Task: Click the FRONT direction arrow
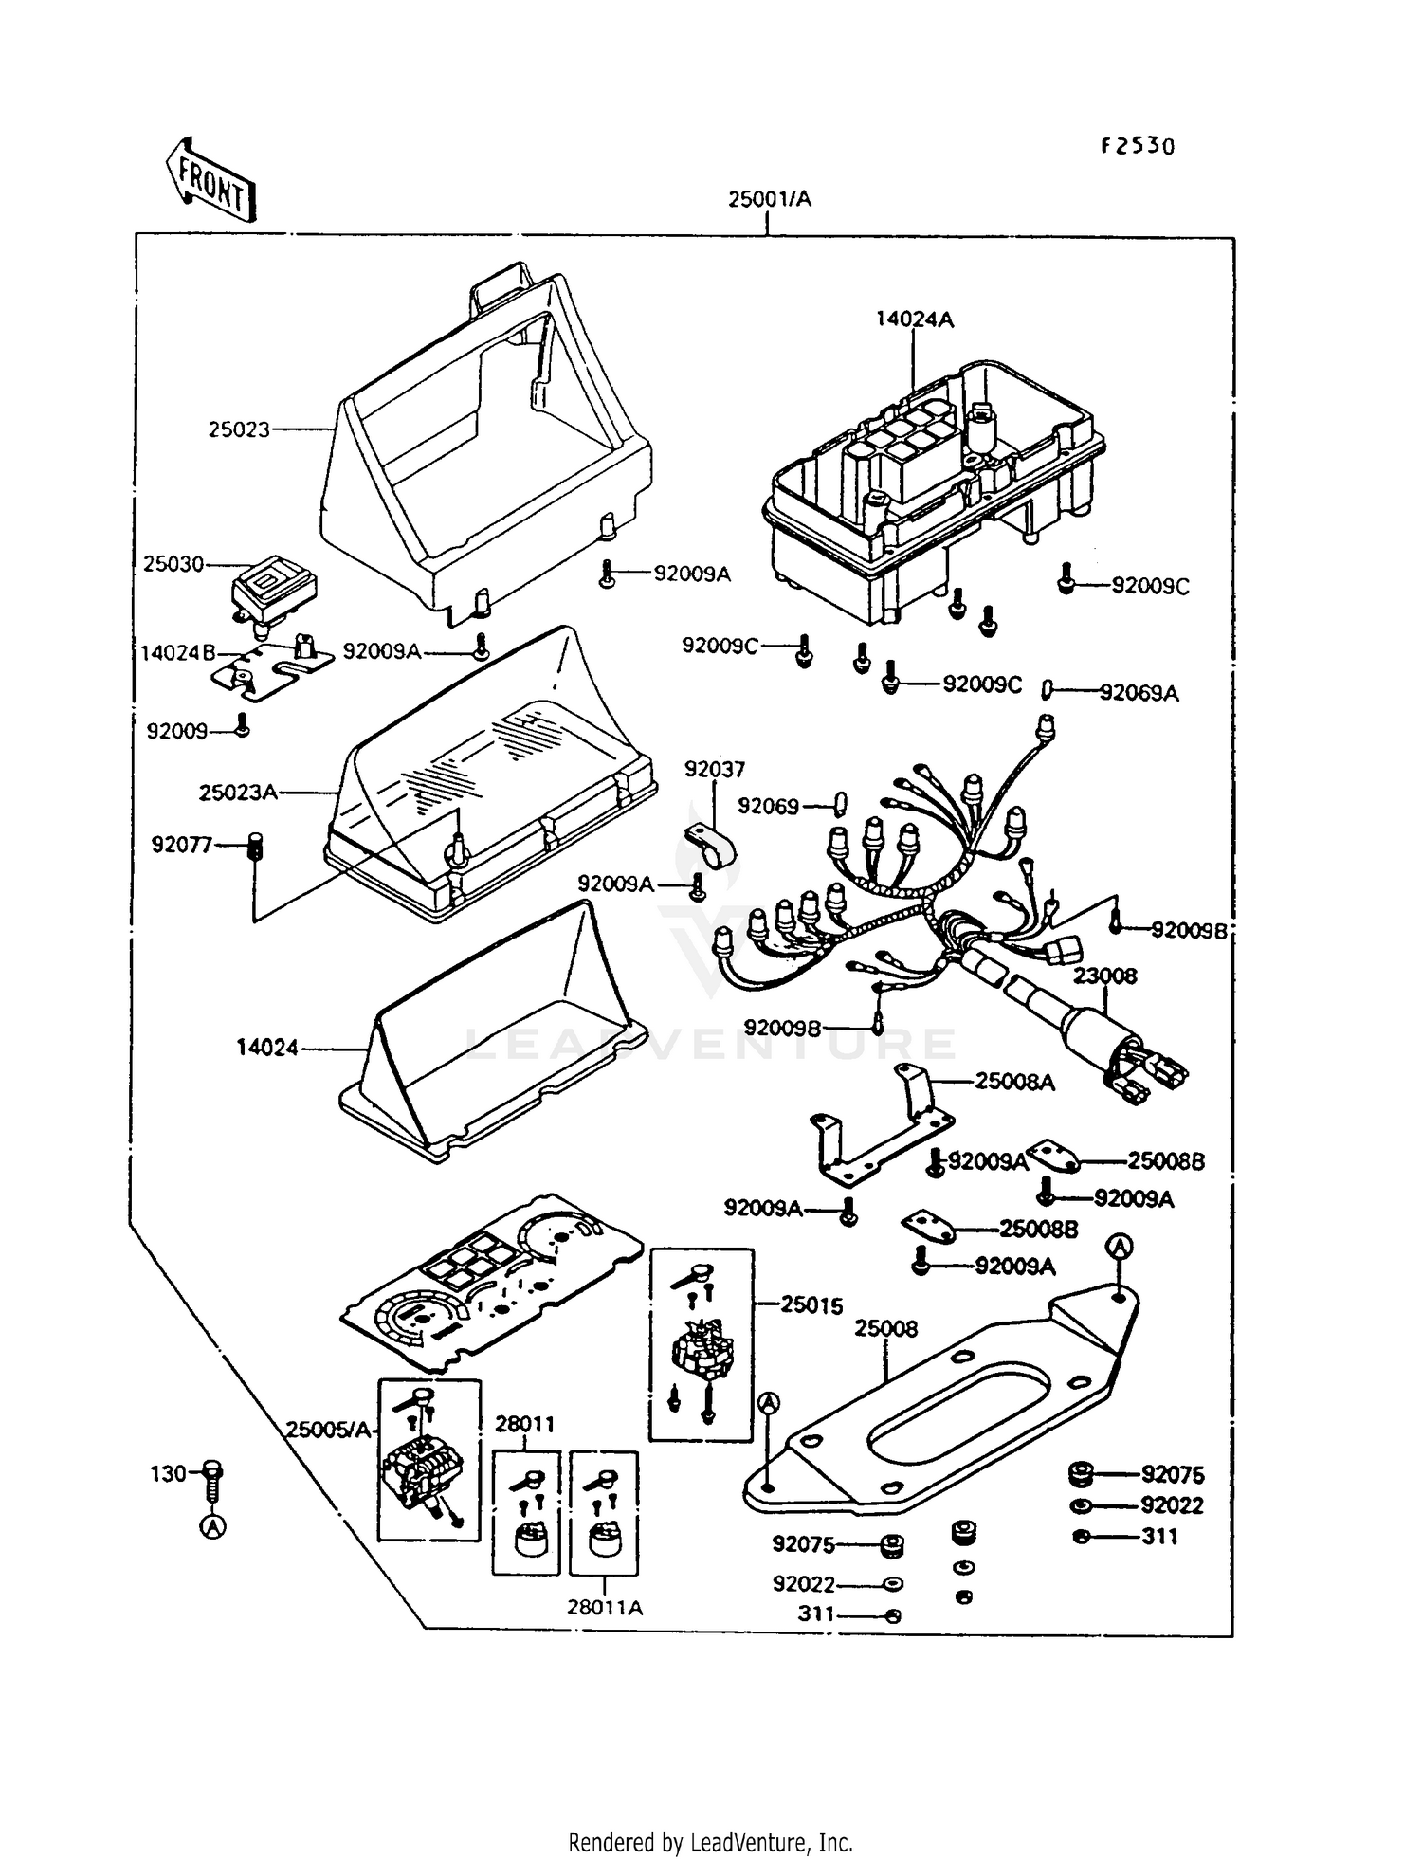click(x=210, y=180)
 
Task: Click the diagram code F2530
click(x=1137, y=146)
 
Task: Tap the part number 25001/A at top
click(x=770, y=199)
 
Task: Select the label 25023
click(x=239, y=429)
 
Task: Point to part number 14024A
click(x=914, y=319)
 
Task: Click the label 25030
click(x=173, y=564)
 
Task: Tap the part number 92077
click(x=182, y=844)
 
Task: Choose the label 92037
click(x=715, y=769)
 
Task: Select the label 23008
click(x=1104, y=976)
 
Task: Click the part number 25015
click(x=811, y=1304)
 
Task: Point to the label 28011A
click(x=605, y=1607)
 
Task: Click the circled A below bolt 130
click(x=213, y=1526)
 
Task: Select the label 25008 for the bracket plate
click(x=885, y=1328)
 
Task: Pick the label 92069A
click(x=1139, y=693)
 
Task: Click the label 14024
click(x=267, y=1048)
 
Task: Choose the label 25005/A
click(x=328, y=1430)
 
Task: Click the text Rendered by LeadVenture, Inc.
click(x=711, y=1842)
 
